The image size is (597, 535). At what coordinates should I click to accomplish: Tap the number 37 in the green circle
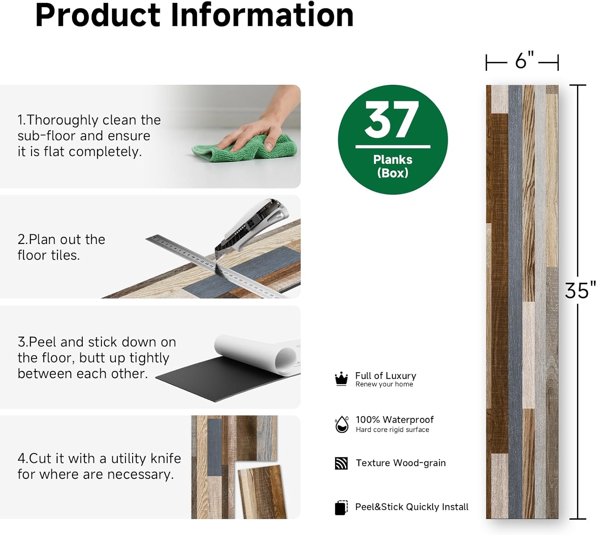point(392,119)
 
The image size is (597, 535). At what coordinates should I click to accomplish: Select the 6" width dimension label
point(524,61)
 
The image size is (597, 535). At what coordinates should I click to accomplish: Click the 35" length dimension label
point(580,291)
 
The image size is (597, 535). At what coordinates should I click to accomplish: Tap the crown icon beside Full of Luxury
point(341,379)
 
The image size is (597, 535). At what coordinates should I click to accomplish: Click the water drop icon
point(341,424)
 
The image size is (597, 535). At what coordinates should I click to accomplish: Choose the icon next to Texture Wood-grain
point(341,463)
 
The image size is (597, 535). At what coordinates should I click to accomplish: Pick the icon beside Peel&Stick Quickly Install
point(341,508)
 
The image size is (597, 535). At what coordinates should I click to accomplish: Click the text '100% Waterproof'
point(394,420)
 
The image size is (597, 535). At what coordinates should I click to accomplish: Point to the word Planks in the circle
point(392,160)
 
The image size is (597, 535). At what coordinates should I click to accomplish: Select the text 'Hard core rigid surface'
point(392,430)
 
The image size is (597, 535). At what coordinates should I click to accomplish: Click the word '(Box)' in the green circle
point(392,173)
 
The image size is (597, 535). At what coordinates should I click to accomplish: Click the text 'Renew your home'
point(384,384)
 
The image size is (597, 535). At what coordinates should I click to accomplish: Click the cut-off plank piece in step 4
point(263,492)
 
